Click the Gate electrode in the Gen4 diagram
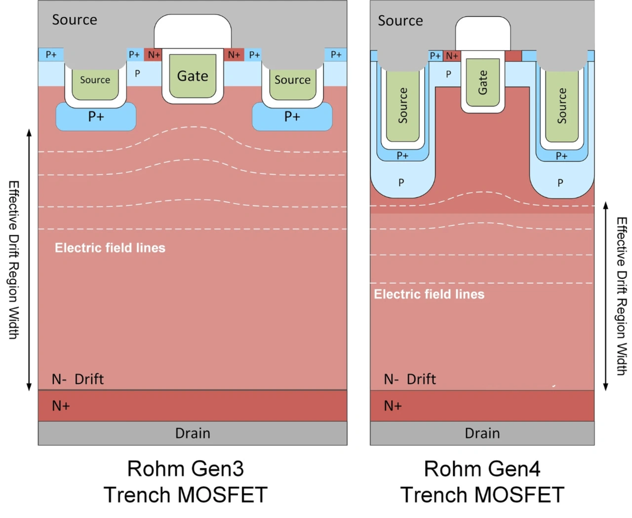coord(482,82)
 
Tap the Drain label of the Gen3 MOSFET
coord(193,433)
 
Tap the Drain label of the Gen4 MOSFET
coord(482,433)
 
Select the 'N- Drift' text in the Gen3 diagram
coord(78,379)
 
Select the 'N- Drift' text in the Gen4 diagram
coord(410,379)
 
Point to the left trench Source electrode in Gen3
coord(95,80)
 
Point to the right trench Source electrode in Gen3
coord(292,80)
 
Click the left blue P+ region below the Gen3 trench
coord(96,117)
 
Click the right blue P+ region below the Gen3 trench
coord(292,117)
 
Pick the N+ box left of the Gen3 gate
coord(154,55)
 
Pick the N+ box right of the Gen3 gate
coord(234,55)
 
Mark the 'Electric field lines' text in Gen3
coord(110,248)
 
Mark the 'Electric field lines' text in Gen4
coord(429,294)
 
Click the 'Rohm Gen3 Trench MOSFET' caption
coord(186,481)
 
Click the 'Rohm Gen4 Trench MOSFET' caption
coord(482,481)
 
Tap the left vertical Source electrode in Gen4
coord(403,105)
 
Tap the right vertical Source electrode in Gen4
coord(562,105)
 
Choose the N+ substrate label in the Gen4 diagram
coord(393,406)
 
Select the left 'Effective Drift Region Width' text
coord(14,259)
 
